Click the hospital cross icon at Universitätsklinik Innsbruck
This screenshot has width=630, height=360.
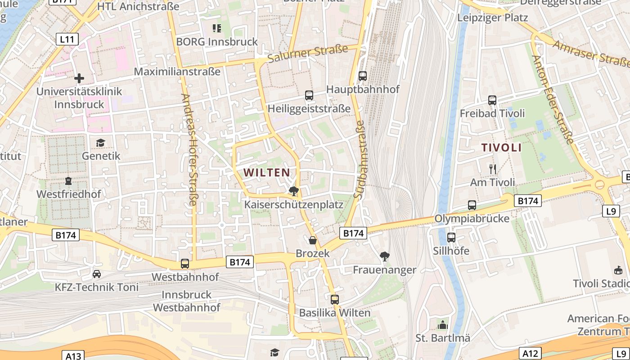click(79, 78)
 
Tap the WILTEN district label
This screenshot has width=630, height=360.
click(267, 172)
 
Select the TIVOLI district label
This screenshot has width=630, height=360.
click(501, 148)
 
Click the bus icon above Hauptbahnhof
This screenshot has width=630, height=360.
click(363, 76)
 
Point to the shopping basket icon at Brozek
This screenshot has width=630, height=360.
click(313, 240)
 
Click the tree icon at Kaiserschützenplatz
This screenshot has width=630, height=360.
click(294, 191)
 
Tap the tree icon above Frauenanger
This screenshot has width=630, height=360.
click(385, 256)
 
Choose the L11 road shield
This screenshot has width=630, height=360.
click(67, 39)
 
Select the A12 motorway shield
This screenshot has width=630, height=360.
click(530, 353)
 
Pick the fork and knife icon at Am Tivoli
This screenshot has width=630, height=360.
click(493, 169)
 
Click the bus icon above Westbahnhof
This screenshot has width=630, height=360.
click(185, 263)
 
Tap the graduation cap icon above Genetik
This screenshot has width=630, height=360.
click(101, 143)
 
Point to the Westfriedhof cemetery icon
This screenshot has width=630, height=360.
click(68, 181)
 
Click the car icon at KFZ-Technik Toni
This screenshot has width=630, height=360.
click(97, 274)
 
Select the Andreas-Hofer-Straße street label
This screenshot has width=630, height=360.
click(189, 149)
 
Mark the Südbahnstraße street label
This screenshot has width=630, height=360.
click(360, 159)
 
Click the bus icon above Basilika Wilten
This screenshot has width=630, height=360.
click(335, 299)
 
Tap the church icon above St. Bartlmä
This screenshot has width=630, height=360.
click(443, 324)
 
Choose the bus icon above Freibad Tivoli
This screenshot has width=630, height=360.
click(492, 100)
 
